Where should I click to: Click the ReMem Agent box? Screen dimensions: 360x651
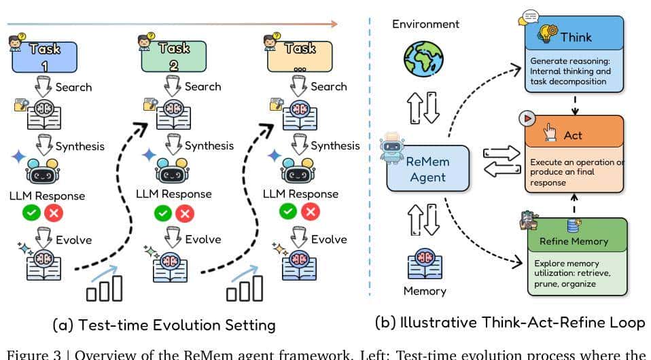point(428,169)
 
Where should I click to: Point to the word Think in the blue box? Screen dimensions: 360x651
point(576,38)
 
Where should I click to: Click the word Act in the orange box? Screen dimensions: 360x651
point(573,135)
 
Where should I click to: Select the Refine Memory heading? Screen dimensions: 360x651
point(574,241)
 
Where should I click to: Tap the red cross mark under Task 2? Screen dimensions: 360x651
point(184,213)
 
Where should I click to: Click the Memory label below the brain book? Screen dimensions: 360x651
point(425,291)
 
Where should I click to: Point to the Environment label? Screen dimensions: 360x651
point(426,24)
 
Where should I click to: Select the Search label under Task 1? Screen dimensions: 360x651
point(73,87)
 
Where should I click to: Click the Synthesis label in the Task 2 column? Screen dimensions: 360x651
point(209,145)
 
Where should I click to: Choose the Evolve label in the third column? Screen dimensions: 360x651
point(329,239)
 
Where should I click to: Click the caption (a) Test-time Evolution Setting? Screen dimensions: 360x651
point(164,325)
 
